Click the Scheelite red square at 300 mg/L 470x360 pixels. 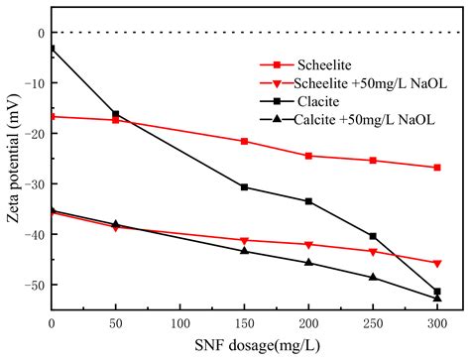tap(437, 168)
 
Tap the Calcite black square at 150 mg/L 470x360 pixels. tap(245, 186)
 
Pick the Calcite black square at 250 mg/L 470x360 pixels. tap(373, 236)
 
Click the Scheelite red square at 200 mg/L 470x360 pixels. tap(308, 156)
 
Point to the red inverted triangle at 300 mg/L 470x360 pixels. tap(437, 263)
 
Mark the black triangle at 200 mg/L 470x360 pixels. tap(308, 262)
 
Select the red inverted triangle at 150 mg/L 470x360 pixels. tap(245, 240)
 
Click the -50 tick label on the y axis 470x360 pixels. tap(34, 286)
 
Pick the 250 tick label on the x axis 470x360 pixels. tap(373, 322)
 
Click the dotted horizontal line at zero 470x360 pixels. tap(248, 33)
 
